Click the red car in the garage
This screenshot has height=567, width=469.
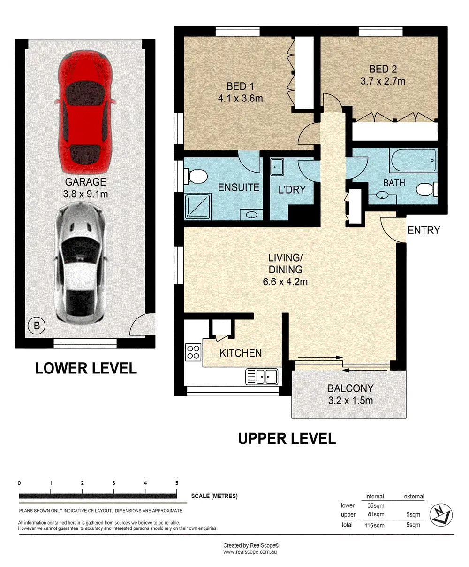pyautogui.click(x=85, y=112)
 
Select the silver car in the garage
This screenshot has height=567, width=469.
pyautogui.click(x=80, y=263)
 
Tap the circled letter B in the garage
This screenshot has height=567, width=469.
pyautogui.click(x=37, y=326)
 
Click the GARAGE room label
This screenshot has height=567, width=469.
pyautogui.click(x=85, y=182)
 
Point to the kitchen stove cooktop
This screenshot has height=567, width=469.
pyautogui.click(x=193, y=352)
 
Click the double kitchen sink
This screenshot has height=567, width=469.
pyautogui.click(x=262, y=377)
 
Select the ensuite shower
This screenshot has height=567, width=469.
pyautogui.click(x=197, y=207)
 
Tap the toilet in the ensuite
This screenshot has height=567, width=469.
pyautogui.click(x=196, y=176)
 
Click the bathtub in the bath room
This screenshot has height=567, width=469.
pyautogui.click(x=413, y=160)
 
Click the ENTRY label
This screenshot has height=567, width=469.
pyautogui.click(x=424, y=230)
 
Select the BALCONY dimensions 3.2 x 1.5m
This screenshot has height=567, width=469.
pyautogui.click(x=350, y=401)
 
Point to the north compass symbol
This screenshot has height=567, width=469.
pyautogui.click(x=441, y=515)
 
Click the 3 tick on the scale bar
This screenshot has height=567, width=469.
pyautogui.click(x=113, y=491)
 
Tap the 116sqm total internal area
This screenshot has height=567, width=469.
pyautogui.click(x=374, y=525)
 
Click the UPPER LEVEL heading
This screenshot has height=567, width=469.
pyautogui.click(x=287, y=439)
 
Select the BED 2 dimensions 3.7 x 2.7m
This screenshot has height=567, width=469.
pyautogui.click(x=383, y=81)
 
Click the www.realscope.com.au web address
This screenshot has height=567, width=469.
pyautogui.click(x=250, y=552)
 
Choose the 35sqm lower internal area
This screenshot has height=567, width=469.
pyautogui.click(x=376, y=505)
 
